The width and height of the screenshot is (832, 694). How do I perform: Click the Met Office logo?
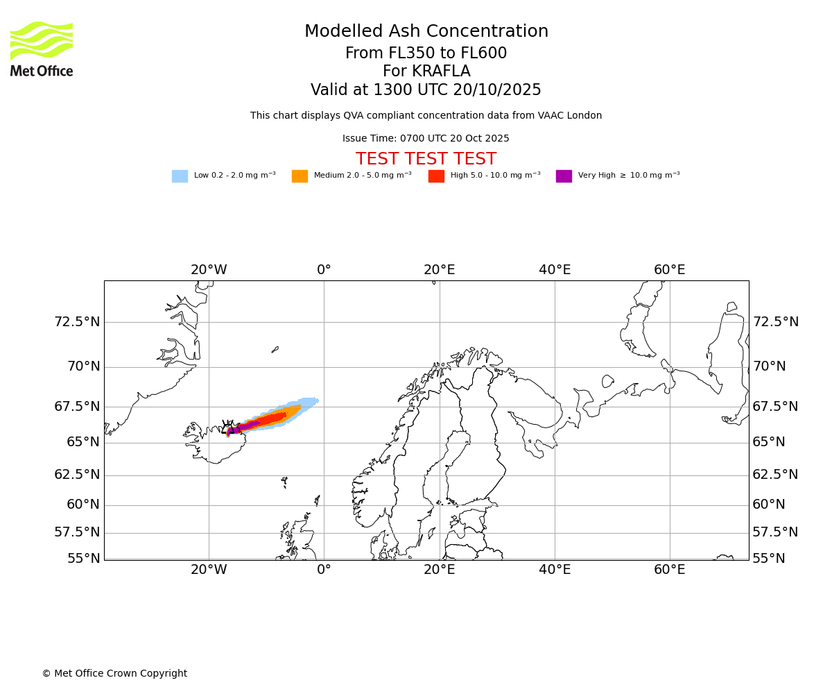42,49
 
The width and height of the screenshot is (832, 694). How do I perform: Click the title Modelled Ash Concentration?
426,32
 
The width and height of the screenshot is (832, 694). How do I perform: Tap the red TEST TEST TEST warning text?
426,160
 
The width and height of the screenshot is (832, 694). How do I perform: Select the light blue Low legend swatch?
180,176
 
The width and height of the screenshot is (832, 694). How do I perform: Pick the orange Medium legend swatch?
300,176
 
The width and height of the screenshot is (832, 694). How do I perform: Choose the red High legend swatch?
436,176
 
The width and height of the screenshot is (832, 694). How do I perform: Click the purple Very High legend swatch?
564,176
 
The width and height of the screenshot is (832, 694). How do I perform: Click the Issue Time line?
426,139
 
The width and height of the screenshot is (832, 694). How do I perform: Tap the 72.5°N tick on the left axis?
77,322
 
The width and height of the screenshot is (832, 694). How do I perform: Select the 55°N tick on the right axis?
769,559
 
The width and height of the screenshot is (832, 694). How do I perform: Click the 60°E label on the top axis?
669,270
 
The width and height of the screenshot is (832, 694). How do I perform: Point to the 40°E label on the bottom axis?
555,570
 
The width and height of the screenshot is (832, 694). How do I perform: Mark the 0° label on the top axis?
324,270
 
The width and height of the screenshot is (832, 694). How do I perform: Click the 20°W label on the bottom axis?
209,570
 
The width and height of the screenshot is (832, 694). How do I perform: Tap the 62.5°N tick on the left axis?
77,475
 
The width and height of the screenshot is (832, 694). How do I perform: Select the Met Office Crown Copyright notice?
114,674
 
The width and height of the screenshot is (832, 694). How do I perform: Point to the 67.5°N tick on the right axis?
775,407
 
